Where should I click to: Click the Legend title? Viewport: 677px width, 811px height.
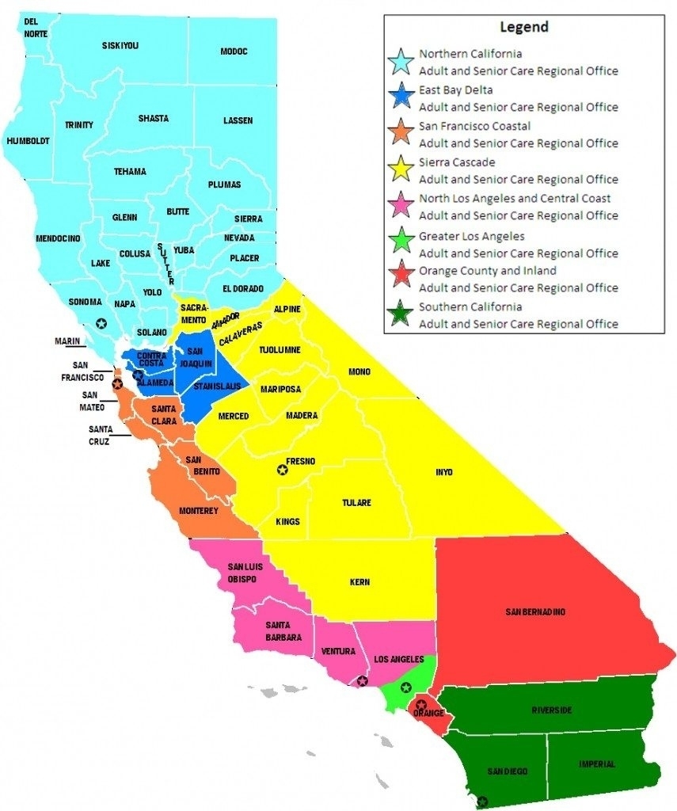pos(523,27)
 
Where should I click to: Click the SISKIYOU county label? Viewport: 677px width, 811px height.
pos(120,46)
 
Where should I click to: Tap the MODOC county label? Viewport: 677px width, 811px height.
pos(234,51)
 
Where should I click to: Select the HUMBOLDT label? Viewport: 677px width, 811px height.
pos(28,141)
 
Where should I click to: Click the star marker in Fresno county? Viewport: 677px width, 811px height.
pos(281,470)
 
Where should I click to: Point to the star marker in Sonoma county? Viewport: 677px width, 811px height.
pos(101,322)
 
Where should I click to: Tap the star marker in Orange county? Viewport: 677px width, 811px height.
pos(421,704)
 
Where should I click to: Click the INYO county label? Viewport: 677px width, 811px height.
pos(444,472)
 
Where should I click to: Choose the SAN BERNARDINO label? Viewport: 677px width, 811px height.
pos(536,612)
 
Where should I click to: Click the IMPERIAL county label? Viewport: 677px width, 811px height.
pos(596,764)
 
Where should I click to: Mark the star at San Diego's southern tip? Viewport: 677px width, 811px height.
pos(481,801)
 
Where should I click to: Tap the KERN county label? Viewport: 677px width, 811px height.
pos(359,582)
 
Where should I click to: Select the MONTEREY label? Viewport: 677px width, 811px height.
pos(198,511)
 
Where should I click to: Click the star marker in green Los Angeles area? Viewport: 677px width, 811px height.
pos(405,687)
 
